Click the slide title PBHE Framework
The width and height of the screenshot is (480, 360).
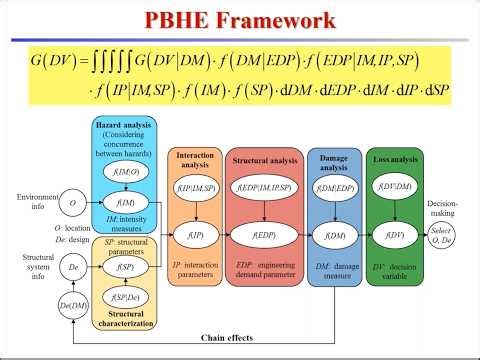(x=241, y=21)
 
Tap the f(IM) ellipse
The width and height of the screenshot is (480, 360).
(x=126, y=203)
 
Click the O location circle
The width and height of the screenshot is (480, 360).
(x=71, y=203)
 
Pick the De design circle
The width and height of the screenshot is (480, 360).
(x=71, y=268)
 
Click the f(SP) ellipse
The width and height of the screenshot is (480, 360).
(x=126, y=267)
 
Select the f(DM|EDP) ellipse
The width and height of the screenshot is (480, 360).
(x=333, y=188)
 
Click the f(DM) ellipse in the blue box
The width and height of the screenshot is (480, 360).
(x=333, y=236)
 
